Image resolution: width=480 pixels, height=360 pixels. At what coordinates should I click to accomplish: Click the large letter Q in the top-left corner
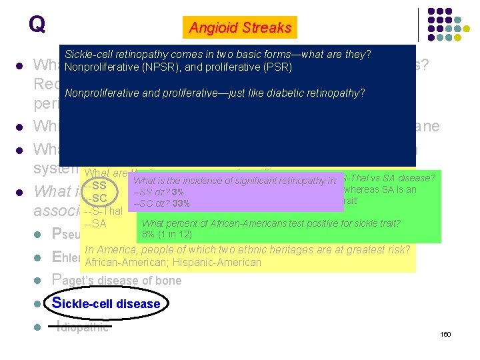[37, 24]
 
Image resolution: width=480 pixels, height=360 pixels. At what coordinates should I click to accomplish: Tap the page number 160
[445, 333]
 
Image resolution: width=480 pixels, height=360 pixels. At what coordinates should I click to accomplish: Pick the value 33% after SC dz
[181, 203]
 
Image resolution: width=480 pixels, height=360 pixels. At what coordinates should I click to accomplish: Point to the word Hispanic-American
[219, 262]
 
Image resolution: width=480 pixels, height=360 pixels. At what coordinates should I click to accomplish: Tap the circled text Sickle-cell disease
[107, 303]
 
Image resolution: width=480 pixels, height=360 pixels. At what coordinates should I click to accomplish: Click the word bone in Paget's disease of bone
[168, 281]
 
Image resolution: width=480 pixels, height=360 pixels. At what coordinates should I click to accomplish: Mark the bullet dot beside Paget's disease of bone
[41, 281]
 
